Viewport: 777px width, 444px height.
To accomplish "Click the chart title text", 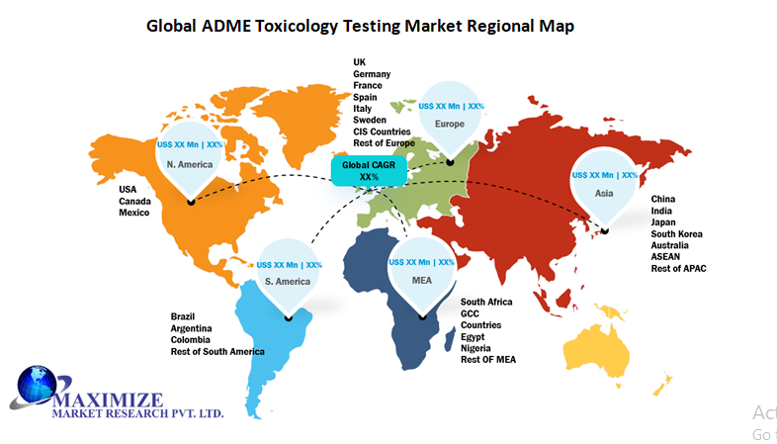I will pyautogui.click(x=360, y=27).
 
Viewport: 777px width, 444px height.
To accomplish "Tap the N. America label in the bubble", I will pyautogui.click(x=190, y=164).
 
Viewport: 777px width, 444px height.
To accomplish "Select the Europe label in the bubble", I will pyautogui.click(x=450, y=125).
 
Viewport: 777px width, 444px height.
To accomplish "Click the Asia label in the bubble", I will pyautogui.click(x=602, y=194).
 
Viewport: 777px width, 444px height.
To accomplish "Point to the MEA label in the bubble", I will pyautogui.click(x=421, y=282).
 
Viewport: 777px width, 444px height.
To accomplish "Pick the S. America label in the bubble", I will pyautogui.click(x=289, y=282).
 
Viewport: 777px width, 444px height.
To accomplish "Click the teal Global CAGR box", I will pyautogui.click(x=369, y=170).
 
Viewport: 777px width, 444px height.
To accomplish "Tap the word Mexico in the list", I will pyautogui.click(x=135, y=212).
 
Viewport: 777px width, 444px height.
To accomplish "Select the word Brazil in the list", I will pyautogui.click(x=184, y=316).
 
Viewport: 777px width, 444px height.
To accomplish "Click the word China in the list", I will pyautogui.click(x=663, y=200).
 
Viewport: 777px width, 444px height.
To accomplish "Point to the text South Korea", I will pyautogui.click(x=676, y=234).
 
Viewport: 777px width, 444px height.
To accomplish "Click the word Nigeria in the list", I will pyautogui.click(x=477, y=348).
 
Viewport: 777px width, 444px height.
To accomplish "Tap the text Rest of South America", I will pyautogui.click(x=217, y=352).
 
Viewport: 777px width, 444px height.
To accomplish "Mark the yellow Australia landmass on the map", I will pyautogui.click(x=599, y=355).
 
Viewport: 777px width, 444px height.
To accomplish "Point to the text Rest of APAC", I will pyautogui.click(x=678, y=269).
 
